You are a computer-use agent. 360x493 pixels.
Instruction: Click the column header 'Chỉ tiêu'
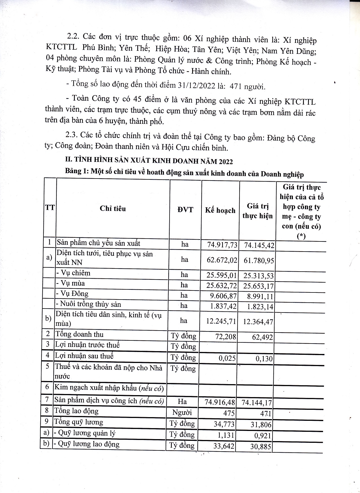coord(113,209)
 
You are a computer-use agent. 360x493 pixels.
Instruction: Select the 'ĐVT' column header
coord(185,210)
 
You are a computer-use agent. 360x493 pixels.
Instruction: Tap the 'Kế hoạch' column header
coord(220,210)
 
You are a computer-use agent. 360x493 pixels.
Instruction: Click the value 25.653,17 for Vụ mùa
coord(258,286)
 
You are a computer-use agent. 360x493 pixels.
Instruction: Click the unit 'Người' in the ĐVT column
coord(182,413)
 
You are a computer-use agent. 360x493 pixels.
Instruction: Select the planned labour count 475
coord(229,413)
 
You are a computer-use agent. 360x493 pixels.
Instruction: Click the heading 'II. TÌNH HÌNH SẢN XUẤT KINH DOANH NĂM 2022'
coord(149,161)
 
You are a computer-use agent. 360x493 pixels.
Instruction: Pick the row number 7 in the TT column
coord(47,399)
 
